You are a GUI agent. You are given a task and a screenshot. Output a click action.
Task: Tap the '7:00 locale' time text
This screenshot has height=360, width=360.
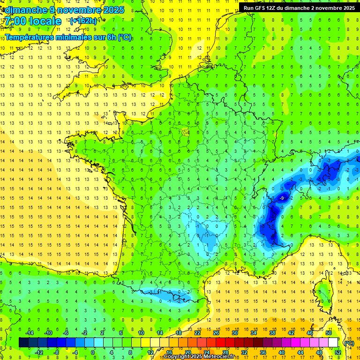click(32, 21)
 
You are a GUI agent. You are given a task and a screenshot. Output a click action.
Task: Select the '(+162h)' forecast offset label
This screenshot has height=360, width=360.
click(83, 21)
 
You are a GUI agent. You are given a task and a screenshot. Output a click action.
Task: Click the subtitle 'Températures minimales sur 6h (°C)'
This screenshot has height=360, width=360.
click(68, 37)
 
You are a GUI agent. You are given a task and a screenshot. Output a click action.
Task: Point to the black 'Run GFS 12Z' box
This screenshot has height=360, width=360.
click(299, 7)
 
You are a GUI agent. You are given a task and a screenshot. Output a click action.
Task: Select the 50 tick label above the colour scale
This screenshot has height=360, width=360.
click(328, 333)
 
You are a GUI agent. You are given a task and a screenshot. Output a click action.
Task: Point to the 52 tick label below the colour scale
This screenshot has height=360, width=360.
click(337, 352)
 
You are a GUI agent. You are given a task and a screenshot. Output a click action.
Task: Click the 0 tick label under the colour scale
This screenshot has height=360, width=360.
click(93, 352)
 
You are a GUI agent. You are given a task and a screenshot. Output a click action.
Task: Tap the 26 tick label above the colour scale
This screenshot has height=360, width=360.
click(216, 333)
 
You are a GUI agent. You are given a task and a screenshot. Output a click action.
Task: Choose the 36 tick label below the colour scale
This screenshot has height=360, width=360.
click(262, 352)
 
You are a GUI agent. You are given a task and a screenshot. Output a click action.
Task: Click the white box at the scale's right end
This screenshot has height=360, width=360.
click(333, 343)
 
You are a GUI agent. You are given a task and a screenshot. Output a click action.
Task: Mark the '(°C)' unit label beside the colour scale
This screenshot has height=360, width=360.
click(349, 343)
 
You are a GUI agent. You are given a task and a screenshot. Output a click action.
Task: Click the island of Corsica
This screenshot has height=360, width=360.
click(324, 293)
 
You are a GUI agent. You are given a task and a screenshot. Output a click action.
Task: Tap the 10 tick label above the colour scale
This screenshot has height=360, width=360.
click(141, 333)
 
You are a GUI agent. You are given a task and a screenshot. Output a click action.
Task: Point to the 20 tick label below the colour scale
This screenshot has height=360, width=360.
click(187, 352)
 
